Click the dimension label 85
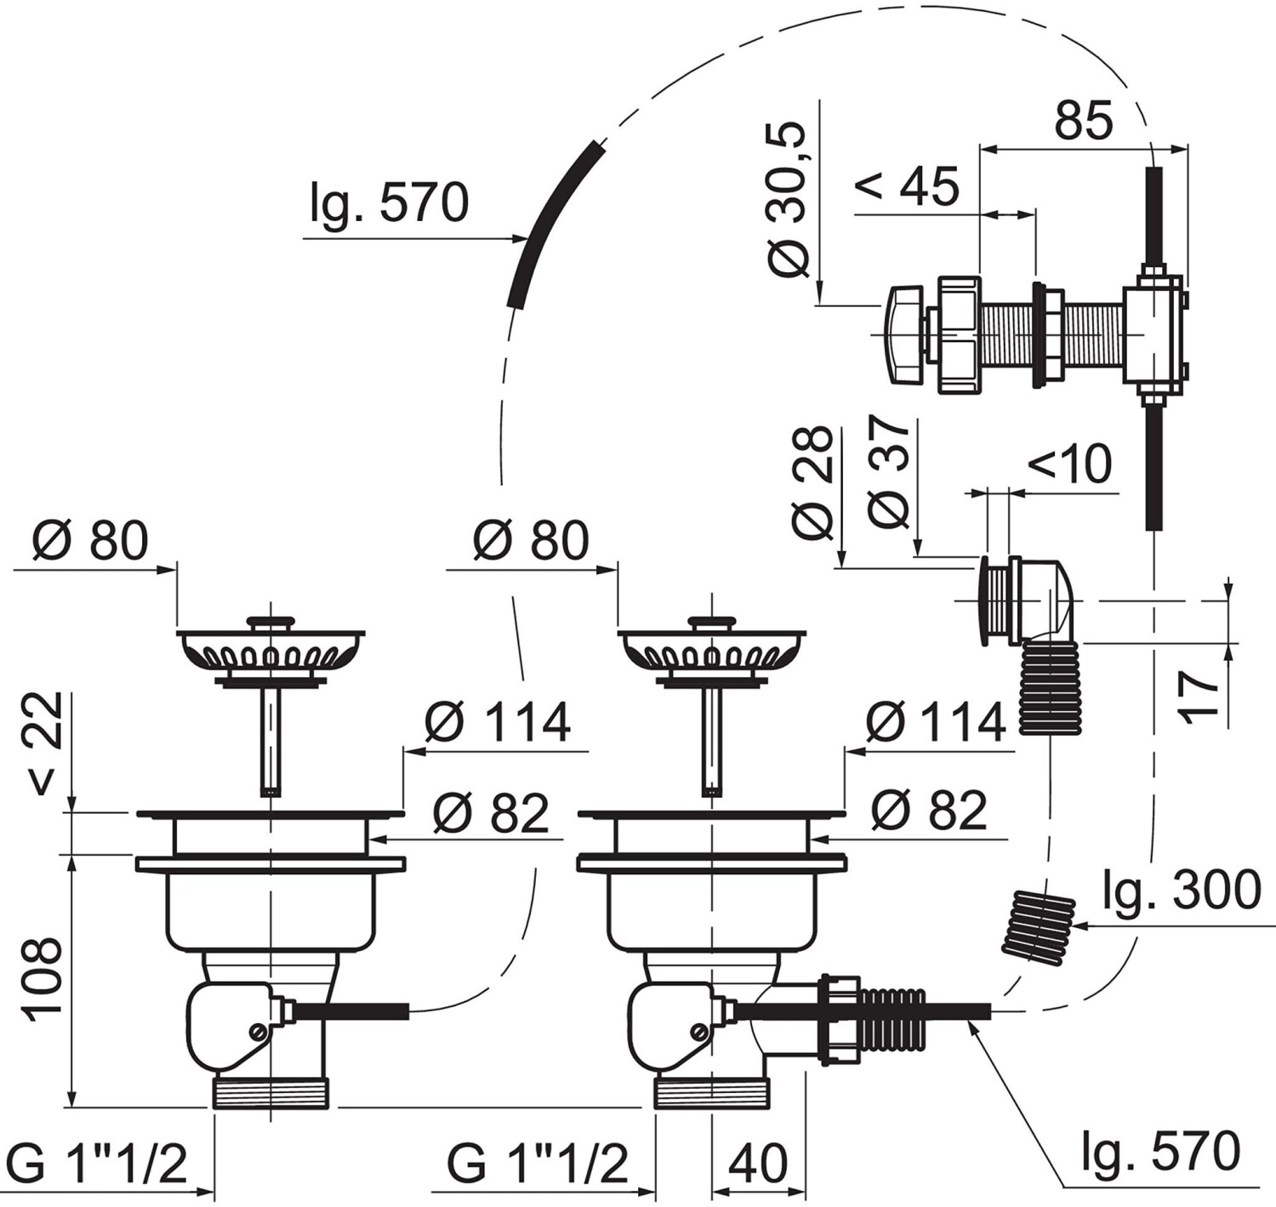click(x=1084, y=121)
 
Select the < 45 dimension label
click(x=907, y=186)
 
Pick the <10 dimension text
click(x=1069, y=464)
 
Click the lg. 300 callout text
click(x=1182, y=891)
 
